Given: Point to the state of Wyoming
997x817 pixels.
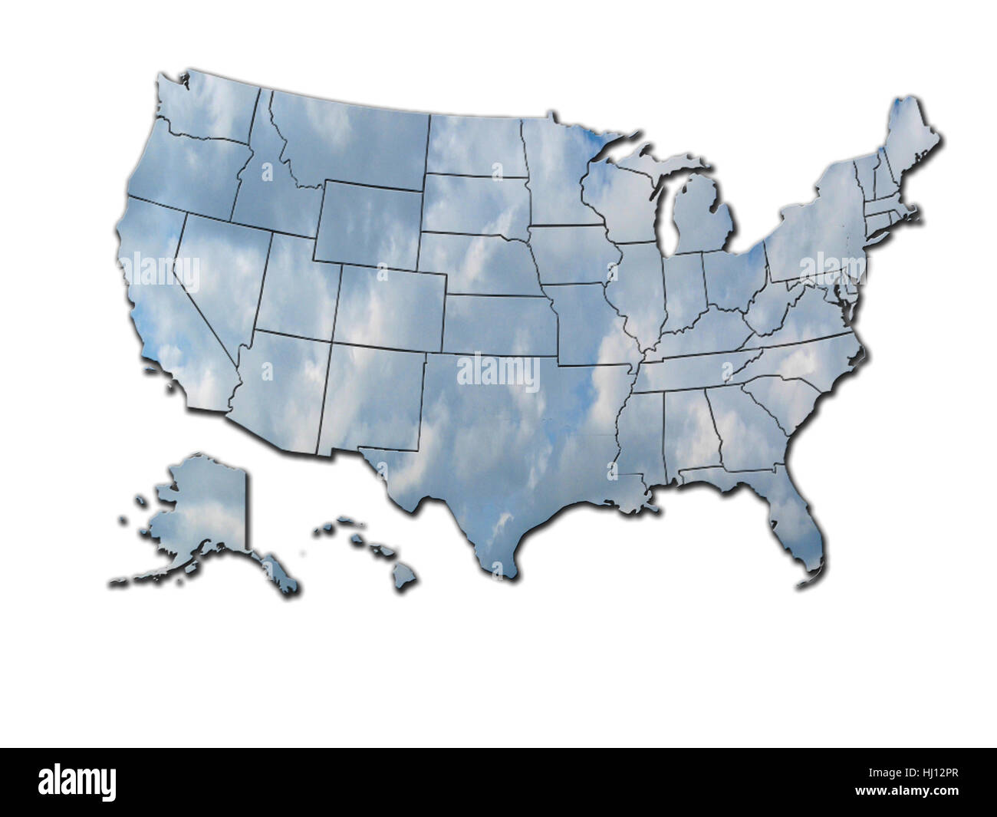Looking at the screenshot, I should pyautogui.click(x=368, y=222).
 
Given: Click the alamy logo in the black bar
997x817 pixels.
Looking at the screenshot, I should pyautogui.click(x=77, y=782).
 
